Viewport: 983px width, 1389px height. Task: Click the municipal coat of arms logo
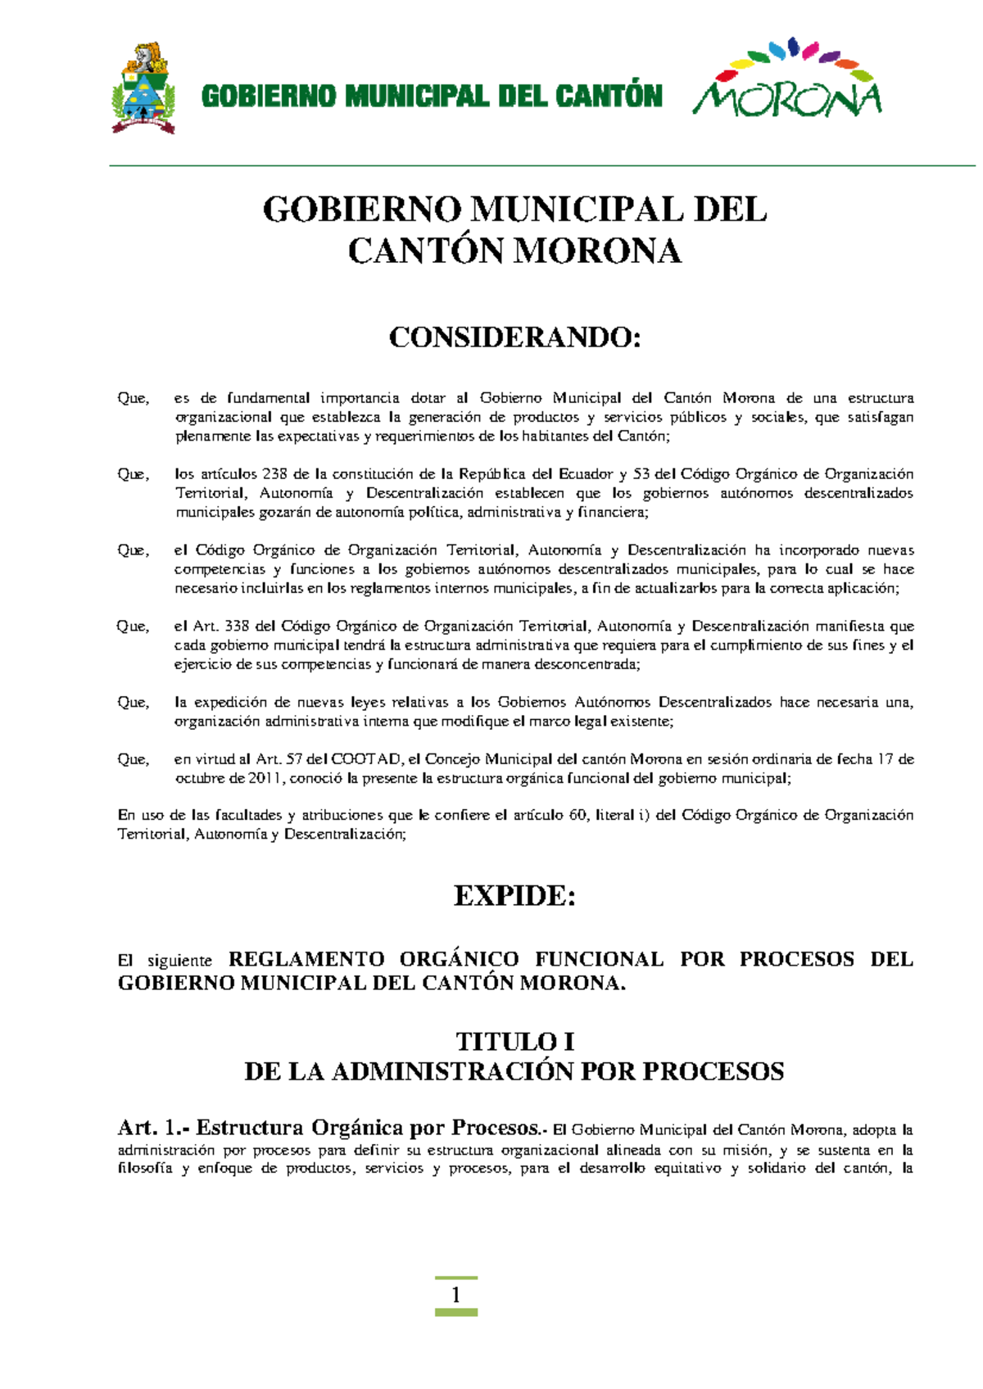click(x=143, y=88)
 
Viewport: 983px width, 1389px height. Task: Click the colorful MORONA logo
click(x=787, y=79)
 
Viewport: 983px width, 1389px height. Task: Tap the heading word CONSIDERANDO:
click(x=514, y=337)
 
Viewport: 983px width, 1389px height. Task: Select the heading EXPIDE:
click(x=514, y=895)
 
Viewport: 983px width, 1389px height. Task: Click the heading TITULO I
click(x=514, y=1042)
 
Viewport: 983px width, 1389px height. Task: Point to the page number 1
click(x=455, y=1295)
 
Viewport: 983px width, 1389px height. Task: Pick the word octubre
click(x=199, y=778)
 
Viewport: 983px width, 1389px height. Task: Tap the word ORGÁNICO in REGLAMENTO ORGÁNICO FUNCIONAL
click(x=459, y=959)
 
